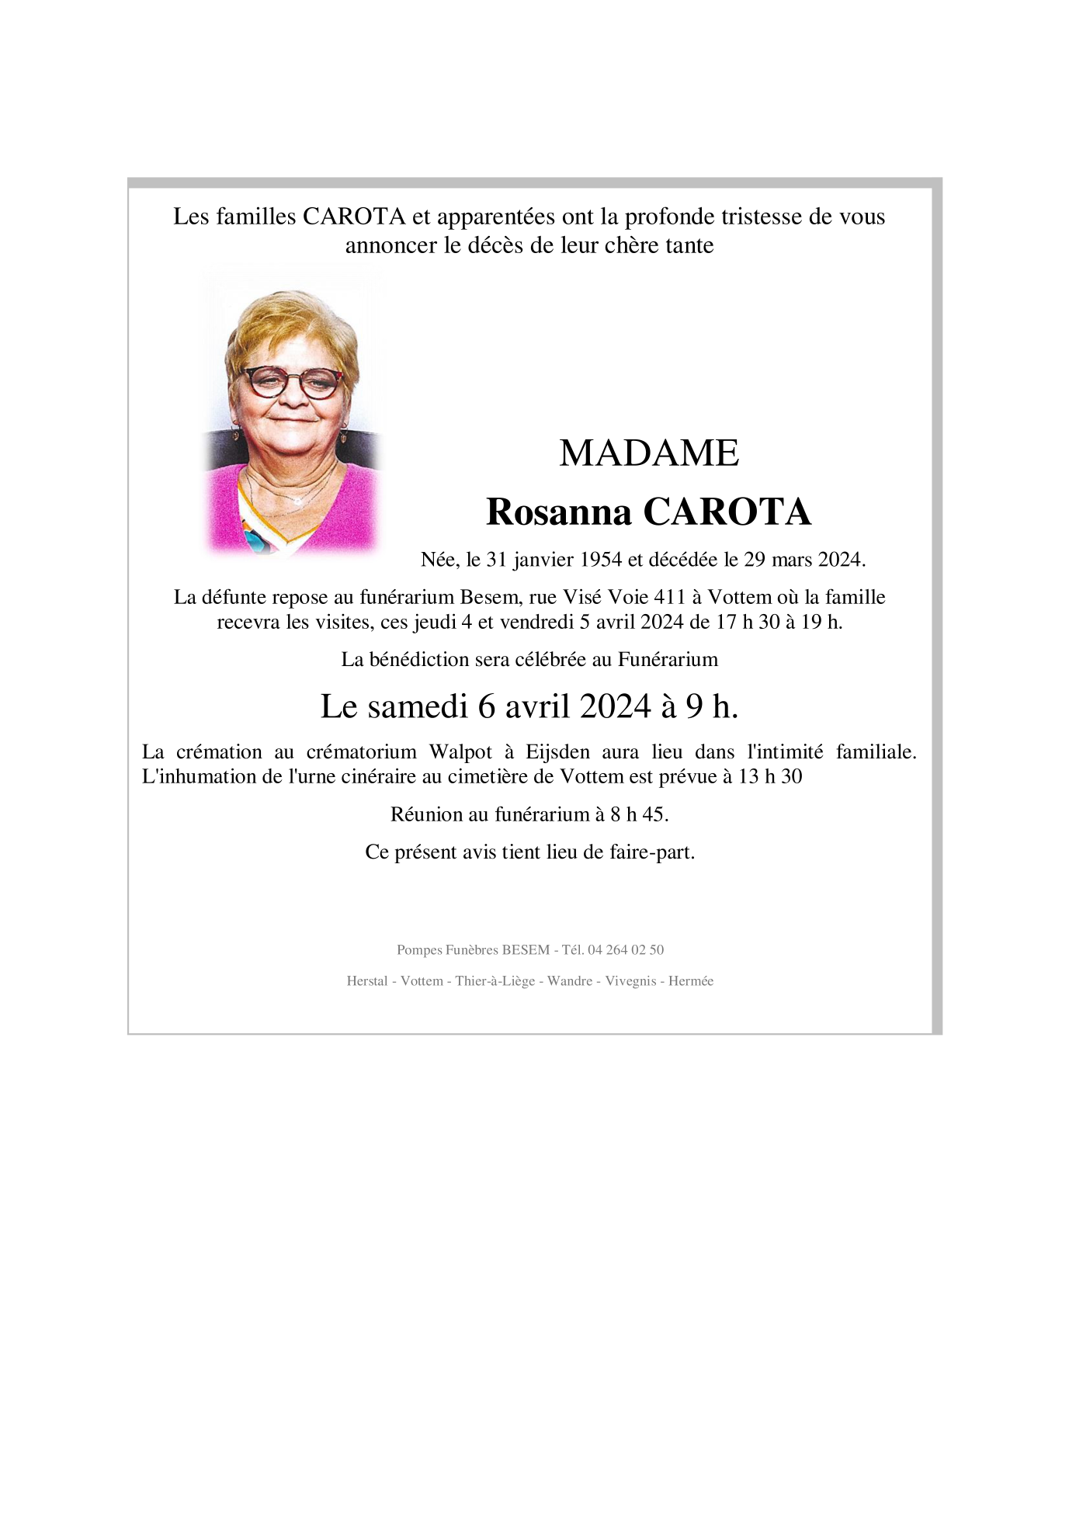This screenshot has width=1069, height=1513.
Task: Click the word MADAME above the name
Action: (x=648, y=453)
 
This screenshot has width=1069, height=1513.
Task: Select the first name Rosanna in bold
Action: (x=558, y=512)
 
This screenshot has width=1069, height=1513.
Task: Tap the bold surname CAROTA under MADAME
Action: (x=727, y=512)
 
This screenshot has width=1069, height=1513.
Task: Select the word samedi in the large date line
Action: (x=418, y=706)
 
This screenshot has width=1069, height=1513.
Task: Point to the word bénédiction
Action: (x=419, y=660)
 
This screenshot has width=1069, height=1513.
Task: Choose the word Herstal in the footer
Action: (x=367, y=981)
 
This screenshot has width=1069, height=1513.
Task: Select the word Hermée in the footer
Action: (x=690, y=981)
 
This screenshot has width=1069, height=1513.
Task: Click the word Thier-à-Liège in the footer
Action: (x=495, y=981)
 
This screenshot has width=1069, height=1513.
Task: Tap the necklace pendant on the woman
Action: (x=298, y=502)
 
